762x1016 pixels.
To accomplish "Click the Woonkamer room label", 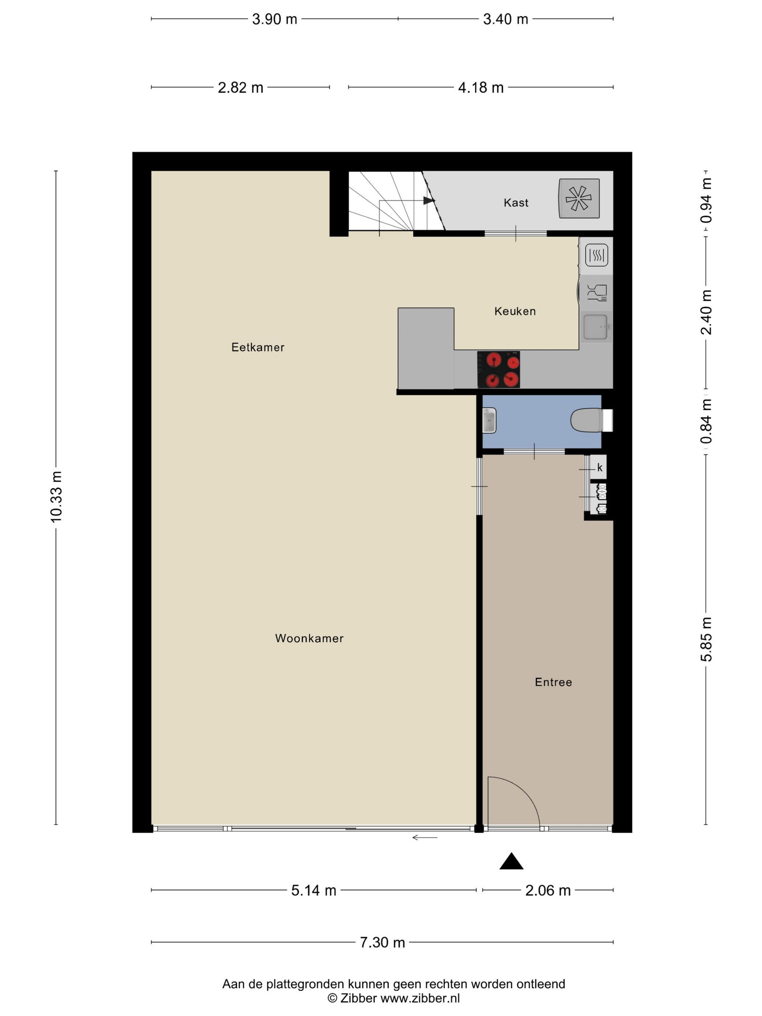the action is (309, 638).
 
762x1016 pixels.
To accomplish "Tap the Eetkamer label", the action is (258, 347).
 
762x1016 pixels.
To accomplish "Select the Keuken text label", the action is (515, 311).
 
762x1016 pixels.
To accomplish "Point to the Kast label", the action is (516, 202).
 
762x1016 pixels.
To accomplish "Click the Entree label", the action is (553, 682).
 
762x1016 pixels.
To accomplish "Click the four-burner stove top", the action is (498, 370).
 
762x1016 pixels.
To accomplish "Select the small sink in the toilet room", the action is (489, 420).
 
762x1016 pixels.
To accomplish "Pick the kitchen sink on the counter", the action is (595, 327).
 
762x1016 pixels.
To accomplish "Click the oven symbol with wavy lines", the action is (596, 255).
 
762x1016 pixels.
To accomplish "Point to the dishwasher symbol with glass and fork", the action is (596, 292).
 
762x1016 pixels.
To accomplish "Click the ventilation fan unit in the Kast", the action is (579, 198).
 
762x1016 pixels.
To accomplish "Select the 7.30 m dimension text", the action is (382, 942).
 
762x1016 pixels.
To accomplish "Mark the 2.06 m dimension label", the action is (548, 890).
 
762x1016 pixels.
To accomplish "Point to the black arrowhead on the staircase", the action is (429, 201).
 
